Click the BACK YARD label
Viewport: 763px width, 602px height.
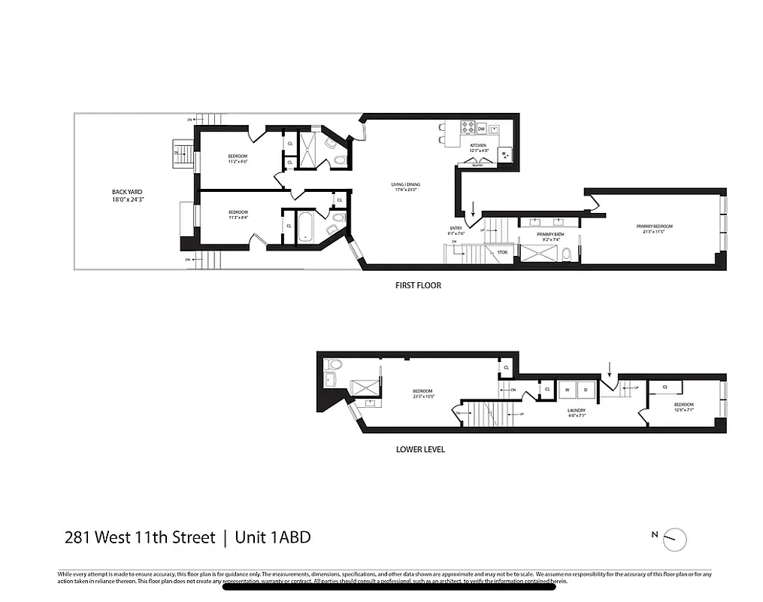(126, 192)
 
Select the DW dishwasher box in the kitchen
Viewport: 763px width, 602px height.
(481, 129)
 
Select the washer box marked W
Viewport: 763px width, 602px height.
(568, 389)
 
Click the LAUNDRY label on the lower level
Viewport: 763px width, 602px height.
(576, 410)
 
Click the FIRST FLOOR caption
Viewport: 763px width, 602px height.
(418, 285)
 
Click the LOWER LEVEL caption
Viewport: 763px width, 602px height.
(420, 449)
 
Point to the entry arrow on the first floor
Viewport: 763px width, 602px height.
(473, 208)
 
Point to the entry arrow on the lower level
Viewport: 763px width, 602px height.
(610, 367)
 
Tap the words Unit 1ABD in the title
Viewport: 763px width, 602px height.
(272, 537)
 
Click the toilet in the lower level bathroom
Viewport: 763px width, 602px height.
(335, 364)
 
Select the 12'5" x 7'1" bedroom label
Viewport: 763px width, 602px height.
(683, 407)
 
